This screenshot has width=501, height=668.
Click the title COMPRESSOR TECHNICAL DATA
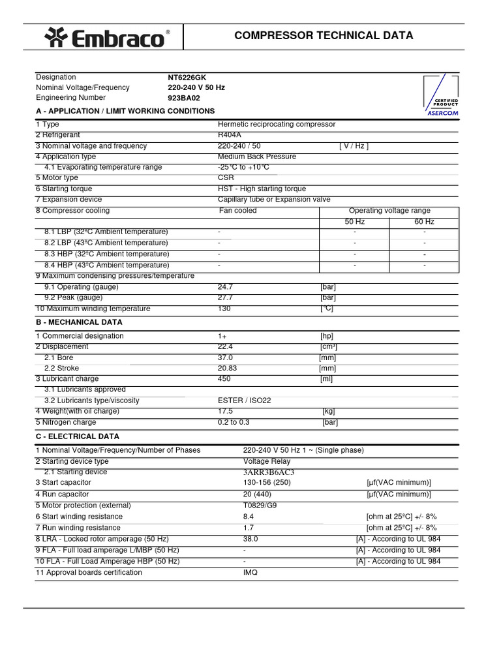324,36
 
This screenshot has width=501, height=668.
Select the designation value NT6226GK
187,77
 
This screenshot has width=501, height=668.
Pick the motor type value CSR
225,178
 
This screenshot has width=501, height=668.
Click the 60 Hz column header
424,222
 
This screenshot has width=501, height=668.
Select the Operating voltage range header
389,211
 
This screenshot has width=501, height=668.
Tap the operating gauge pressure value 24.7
225,287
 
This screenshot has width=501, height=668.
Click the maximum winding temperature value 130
224,309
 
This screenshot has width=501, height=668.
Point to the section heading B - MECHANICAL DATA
79,322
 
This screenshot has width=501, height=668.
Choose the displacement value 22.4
225,346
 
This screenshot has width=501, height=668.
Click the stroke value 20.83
228,368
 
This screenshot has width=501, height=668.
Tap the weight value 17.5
225,411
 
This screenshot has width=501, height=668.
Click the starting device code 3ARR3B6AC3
269,472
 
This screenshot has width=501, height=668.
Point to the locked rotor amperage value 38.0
250,539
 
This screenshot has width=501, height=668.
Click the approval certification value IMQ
250,572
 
